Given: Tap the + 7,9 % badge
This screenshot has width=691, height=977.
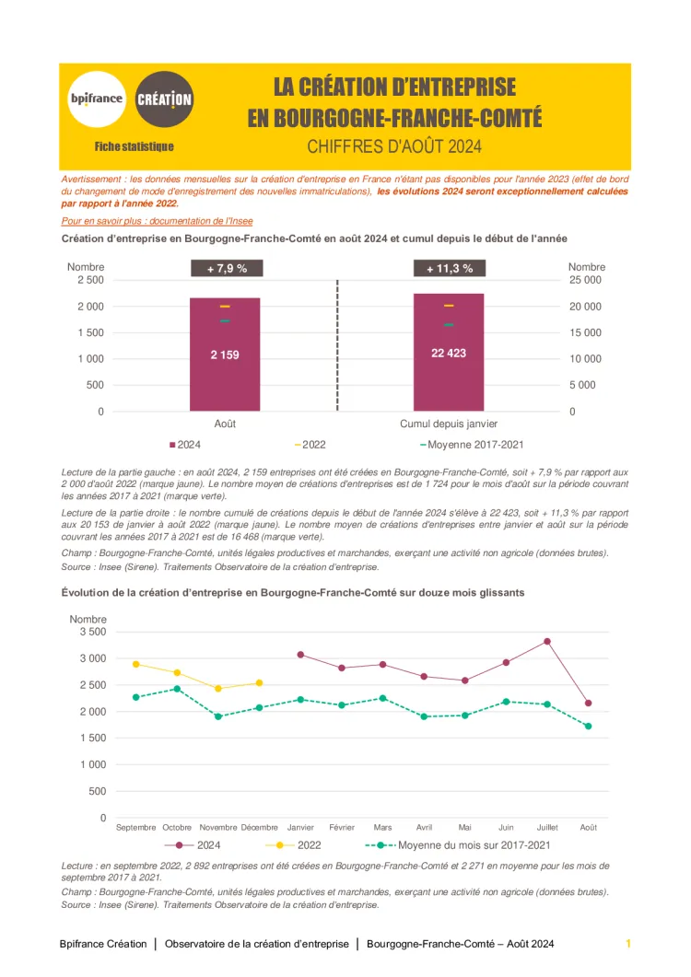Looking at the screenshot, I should [226, 269].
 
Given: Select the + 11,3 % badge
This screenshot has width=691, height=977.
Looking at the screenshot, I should [449, 269].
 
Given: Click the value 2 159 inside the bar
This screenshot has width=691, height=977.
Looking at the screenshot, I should [225, 355].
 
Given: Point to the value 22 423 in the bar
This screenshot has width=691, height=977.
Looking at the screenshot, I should [449, 353].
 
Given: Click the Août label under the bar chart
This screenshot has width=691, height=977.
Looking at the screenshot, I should [225, 424].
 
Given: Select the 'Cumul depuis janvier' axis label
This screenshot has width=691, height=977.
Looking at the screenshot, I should [449, 424].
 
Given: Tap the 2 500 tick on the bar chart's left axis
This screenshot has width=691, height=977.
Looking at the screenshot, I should [89, 280].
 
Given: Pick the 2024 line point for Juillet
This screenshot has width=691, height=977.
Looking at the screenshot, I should [547, 641].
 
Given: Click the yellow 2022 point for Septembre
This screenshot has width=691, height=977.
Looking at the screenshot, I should [136, 664].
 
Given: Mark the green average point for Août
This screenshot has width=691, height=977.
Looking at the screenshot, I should [588, 727].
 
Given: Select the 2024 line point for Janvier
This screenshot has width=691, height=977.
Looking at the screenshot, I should [301, 655].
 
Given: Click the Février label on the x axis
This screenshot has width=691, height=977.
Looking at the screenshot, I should [342, 827].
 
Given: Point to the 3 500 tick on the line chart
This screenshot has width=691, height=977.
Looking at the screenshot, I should [91, 632].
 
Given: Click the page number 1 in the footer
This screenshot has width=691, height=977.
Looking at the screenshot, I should [627, 944].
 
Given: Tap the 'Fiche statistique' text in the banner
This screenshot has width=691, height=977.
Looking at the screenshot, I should [134, 146].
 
